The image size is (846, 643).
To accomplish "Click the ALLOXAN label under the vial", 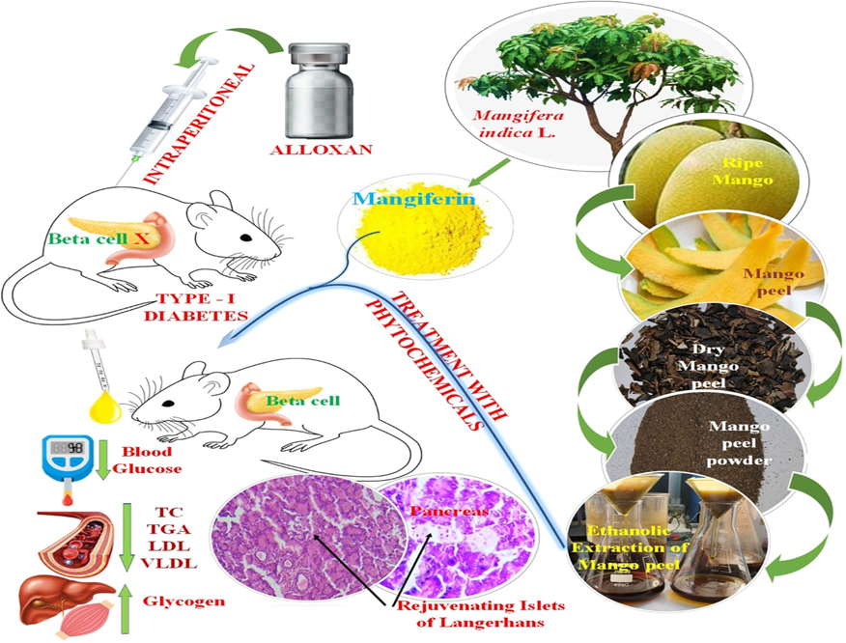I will [x=315, y=151].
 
